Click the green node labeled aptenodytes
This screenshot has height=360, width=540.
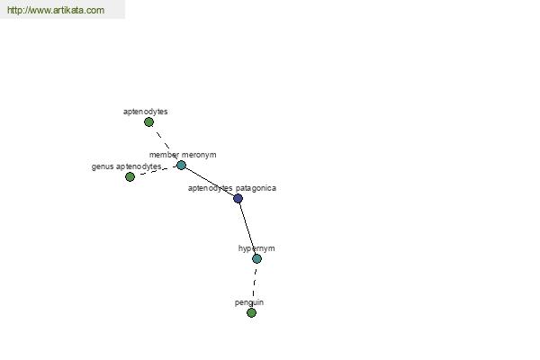(148, 122)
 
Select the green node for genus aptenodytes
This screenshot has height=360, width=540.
(130, 176)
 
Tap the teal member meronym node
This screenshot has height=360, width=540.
(181, 166)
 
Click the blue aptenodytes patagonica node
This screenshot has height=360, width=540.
(238, 198)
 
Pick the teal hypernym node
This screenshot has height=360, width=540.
(256, 258)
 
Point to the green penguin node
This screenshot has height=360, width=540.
(251, 313)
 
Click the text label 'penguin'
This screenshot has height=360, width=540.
(249, 302)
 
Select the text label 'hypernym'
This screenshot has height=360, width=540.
(256, 248)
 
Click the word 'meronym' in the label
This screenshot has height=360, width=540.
(199, 155)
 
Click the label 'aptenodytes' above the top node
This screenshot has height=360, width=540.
(145, 112)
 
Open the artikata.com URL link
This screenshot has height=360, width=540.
(56, 10)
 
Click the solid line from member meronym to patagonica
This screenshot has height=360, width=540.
(210, 182)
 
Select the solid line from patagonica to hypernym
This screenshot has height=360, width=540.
(247, 229)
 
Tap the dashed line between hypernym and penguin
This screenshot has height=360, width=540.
(254, 286)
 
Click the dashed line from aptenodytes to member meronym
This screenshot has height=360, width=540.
(165, 144)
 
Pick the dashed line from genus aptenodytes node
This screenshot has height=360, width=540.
(156, 170)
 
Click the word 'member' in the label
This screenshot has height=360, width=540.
(164, 155)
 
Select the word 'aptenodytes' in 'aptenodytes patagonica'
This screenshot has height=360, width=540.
(210, 188)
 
